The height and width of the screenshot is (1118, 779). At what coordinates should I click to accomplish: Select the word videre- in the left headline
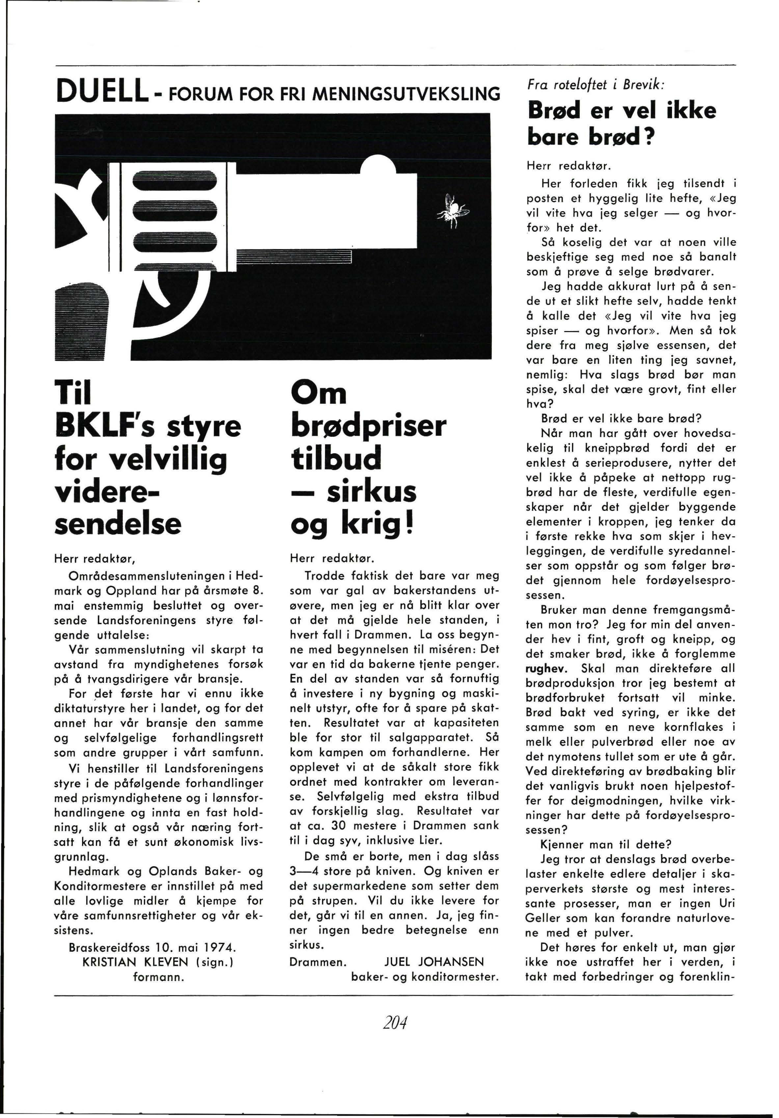click(x=108, y=491)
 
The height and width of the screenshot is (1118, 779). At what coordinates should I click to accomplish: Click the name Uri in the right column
click(x=726, y=903)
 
